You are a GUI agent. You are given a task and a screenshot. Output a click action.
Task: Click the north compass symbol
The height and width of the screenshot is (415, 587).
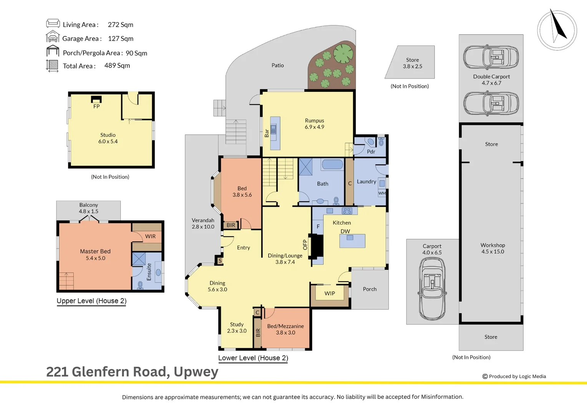click(557, 30)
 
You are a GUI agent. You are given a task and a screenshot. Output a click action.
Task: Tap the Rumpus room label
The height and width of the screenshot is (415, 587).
click(314, 124)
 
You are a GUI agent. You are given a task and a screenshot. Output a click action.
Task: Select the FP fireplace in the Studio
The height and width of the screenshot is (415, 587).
click(96, 100)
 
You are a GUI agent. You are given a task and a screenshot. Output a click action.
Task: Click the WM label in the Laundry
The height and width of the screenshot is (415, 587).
click(382, 193)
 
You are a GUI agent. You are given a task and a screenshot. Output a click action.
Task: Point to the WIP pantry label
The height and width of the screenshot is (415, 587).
click(330, 294)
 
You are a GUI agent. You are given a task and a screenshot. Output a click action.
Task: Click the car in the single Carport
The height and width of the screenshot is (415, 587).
click(432, 288)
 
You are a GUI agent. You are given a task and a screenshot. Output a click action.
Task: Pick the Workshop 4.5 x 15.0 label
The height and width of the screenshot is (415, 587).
click(492, 248)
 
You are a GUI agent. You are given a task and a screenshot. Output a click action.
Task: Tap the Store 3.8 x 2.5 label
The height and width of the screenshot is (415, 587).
click(412, 63)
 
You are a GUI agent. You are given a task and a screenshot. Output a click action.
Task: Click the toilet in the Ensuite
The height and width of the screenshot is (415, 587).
click(140, 285)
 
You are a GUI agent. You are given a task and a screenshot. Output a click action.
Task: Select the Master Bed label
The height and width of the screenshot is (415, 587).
click(95, 254)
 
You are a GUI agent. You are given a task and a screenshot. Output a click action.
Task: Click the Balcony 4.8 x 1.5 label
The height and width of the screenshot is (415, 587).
click(89, 208)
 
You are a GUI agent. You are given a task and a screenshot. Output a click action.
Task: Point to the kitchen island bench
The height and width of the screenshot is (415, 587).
click(352, 241)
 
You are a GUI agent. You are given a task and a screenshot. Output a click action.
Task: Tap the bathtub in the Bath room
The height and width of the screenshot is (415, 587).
click(332, 164)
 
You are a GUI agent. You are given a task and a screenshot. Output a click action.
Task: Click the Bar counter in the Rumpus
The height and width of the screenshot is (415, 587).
click(275, 133)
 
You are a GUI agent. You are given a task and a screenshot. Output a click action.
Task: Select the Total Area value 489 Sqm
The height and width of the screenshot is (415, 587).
click(117, 66)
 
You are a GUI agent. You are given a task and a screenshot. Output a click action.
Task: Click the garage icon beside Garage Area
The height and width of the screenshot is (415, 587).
click(53, 38)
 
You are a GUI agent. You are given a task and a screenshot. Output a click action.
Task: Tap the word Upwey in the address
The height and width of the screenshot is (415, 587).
click(196, 372)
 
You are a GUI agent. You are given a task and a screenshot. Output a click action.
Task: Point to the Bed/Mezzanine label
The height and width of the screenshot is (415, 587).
click(285, 329)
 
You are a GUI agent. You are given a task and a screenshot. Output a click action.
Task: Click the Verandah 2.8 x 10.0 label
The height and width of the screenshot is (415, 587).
click(203, 223)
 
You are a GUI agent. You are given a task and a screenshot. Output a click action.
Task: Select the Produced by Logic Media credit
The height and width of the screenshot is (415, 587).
click(514, 377)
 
